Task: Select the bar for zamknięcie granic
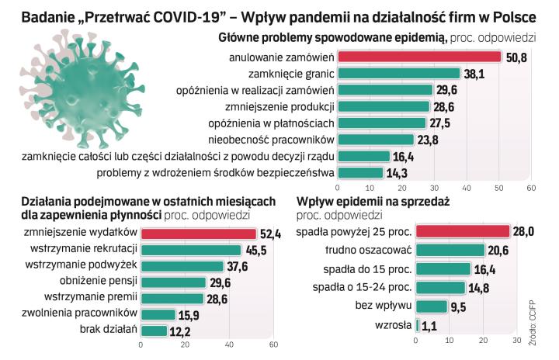pyautogui.click(x=399, y=74)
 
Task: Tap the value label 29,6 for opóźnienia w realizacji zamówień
pyautogui.click(x=446, y=90)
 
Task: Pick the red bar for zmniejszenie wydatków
pyautogui.click(x=198, y=233)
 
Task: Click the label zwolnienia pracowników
pyautogui.click(x=90, y=313)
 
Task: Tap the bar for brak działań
pyautogui.click(x=154, y=330)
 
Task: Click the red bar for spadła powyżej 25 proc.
pyautogui.click(x=463, y=231)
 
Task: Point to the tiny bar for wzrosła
pyautogui.click(x=418, y=326)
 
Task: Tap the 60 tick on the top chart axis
pyautogui.click(x=531, y=188)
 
